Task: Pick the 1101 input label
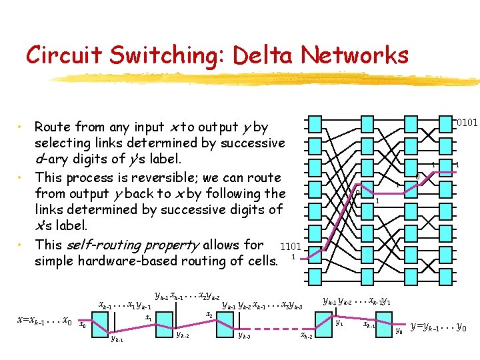[x=292, y=247]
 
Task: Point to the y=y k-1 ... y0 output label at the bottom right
[x=439, y=327]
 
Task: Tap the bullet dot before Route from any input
[x=22, y=127]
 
